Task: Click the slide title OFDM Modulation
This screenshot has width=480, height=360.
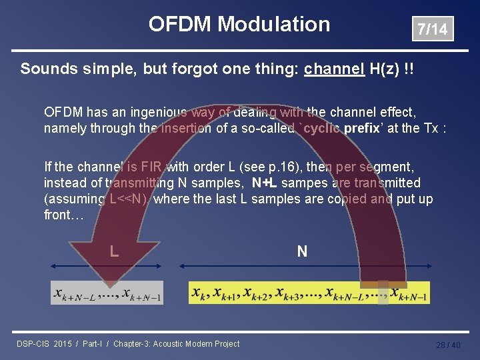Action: pos(239,25)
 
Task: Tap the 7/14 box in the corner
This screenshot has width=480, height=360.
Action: pos(432,29)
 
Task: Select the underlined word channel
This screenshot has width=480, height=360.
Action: pos(334,69)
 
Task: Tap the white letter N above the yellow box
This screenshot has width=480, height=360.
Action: pos(302,251)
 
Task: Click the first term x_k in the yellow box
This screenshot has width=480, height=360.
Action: pos(199,293)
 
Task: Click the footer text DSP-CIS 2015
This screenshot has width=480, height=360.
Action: pos(44,344)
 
